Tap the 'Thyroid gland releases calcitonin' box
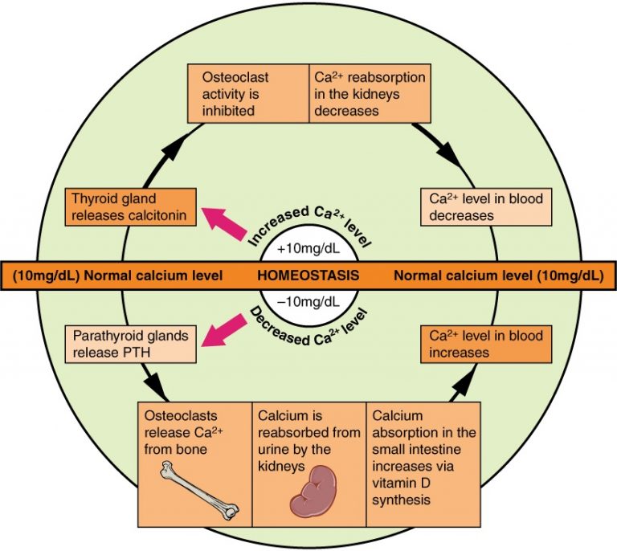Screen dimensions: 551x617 pos(130,206)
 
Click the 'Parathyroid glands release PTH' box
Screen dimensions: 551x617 pos(130,344)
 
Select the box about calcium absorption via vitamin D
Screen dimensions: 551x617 pos(424,455)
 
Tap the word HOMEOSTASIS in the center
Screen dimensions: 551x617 pos(308,275)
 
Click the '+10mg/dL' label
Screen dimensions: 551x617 pos(308,247)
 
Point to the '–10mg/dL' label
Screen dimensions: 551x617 pos(308,302)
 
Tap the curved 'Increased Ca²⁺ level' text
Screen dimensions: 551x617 pos(307,222)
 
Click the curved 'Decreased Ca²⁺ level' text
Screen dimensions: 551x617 pos(307,329)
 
